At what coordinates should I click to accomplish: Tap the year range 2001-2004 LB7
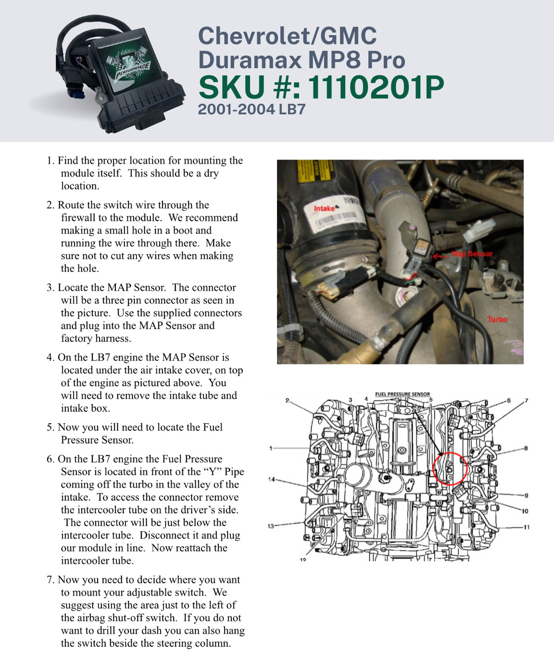tap(252, 110)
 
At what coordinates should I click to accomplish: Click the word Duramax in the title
tap(250, 60)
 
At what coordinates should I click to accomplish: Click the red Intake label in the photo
tap(325, 209)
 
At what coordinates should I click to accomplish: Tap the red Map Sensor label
tap(472, 254)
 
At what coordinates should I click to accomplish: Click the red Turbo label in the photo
tap(497, 319)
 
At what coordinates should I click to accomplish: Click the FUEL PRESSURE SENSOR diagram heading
tap(403, 394)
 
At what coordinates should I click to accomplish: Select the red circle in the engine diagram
tap(450, 468)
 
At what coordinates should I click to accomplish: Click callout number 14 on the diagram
tap(272, 479)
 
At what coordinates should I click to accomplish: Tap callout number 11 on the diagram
tap(527, 527)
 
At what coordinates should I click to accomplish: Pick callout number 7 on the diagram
tap(526, 401)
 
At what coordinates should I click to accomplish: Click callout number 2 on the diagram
tap(287, 400)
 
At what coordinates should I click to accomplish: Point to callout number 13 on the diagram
tap(271, 526)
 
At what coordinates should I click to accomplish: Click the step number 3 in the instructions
tap(50, 288)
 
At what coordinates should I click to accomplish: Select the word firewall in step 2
tap(78, 218)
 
